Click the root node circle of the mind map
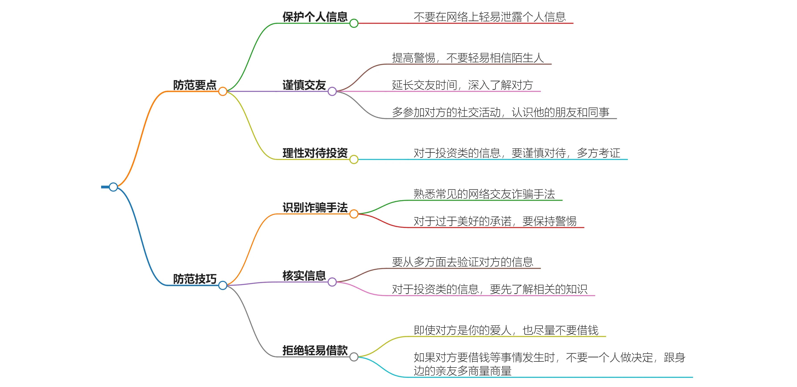pyautogui.click(x=113, y=187)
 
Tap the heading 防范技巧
pyautogui.click(x=195, y=279)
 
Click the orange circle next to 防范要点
pyautogui.click(x=223, y=91)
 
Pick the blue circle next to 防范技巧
pyautogui.click(x=223, y=285)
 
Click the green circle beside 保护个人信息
pyautogui.click(x=354, y=23)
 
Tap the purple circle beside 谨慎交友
pyautogui.click(x=332, y=91)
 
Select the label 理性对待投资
pyautogui.click(x=315, y=153)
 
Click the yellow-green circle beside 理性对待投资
pyautogui.click(x=354, y=160)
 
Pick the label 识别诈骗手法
pyautogui.click(x=315, y=207)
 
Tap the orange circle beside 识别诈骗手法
pyautogui.click(x=354, y=214)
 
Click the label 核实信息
pyautogui.click(x=304, y=275)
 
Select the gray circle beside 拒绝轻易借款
pyautogui.click(x=354, y=357)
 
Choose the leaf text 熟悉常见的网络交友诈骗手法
pyautogui.click(x=484, y=194)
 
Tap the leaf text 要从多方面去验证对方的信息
pyautogui.click(x=462, y=262)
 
